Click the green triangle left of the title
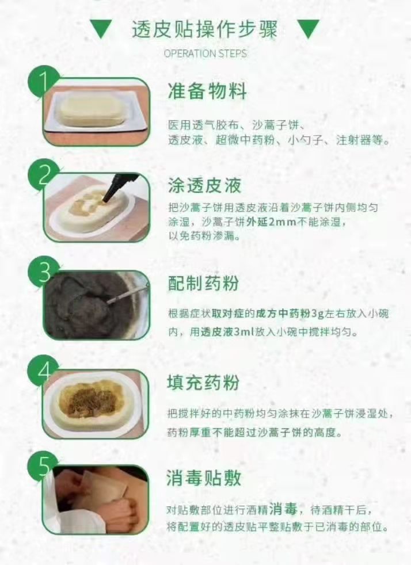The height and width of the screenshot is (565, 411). pos(101,28)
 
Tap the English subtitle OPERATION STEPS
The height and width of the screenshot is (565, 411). pos(205,54)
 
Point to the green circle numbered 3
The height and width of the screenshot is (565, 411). pos(44,272)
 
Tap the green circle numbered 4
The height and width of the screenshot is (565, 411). pos(44,371)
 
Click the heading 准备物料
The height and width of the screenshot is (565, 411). pos(207,91)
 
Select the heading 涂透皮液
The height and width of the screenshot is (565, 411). pos(204,186)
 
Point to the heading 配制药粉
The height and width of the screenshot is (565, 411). pos(203,283)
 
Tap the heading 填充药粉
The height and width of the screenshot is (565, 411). pos(203,382)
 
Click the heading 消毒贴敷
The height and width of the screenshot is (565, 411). pos(204,478)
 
